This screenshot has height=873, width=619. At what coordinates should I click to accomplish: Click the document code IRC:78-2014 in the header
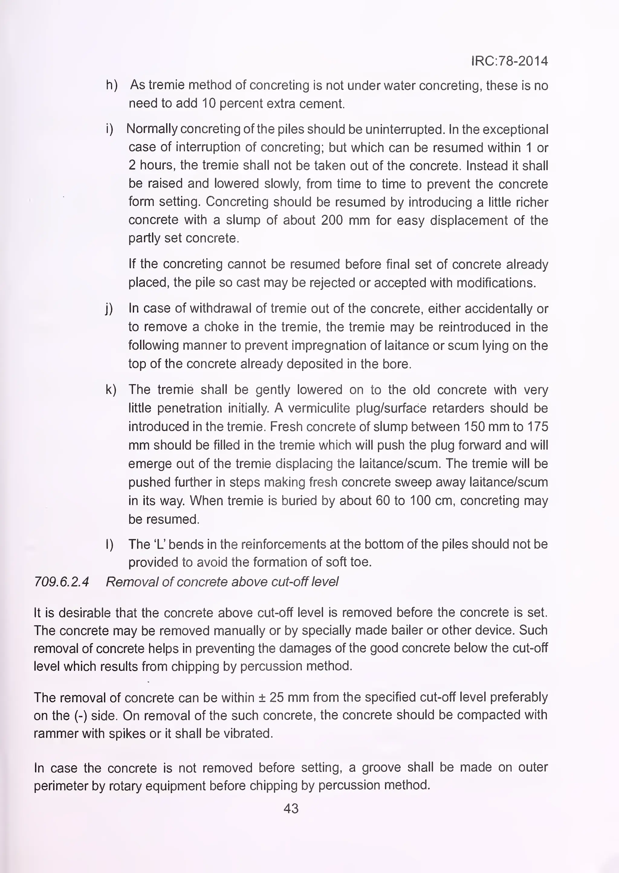510,61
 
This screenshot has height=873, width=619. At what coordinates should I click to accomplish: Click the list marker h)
112,85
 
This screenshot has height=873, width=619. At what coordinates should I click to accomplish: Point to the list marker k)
111,390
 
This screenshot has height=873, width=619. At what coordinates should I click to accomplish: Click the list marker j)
109,308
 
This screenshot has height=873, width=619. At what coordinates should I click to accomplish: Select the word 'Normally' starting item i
152,129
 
